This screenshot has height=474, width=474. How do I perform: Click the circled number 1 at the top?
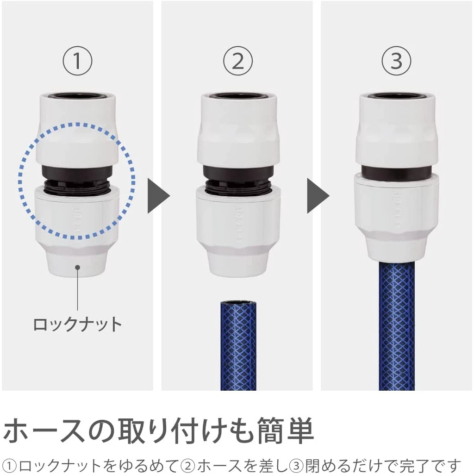pos(77,61)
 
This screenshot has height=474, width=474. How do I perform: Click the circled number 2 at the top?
pos(237,61)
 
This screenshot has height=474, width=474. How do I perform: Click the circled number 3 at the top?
pos(396,61)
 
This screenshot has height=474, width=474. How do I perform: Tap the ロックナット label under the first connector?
pos(77,324)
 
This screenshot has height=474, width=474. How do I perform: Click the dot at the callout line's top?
pos(77,267)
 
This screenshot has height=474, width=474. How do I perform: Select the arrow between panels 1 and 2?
pos(159,196)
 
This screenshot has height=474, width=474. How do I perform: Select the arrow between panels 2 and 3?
pos(318,196)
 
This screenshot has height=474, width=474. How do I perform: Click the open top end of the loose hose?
pos(238,303)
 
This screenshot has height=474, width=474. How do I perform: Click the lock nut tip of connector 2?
pos(238,262)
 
